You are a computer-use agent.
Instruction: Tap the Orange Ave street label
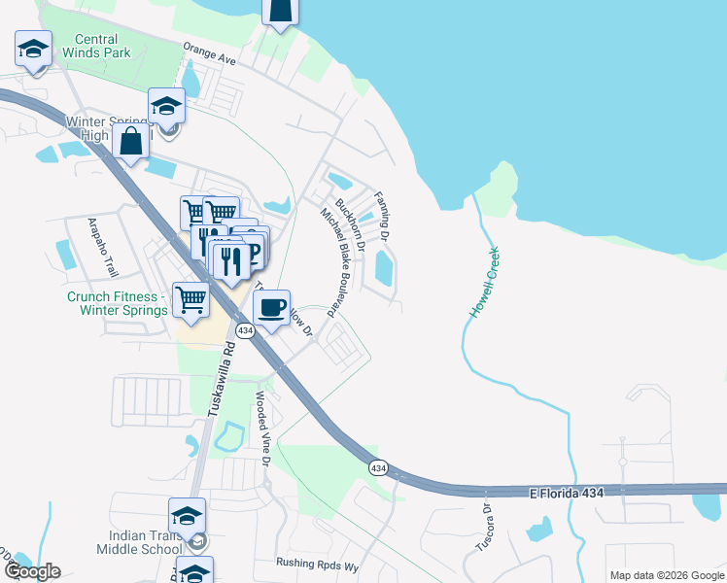[x=210, y=52]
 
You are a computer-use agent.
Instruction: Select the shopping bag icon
[x=130, y=142]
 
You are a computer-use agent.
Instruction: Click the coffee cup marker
[x=272, y=308]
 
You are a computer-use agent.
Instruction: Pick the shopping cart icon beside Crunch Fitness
[x=191, y=300]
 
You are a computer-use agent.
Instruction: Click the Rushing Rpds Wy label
[x=317, y=563]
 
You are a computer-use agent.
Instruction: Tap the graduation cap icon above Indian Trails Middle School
[x=188, y=516]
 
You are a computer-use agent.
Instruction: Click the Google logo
[x=31, y=571]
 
